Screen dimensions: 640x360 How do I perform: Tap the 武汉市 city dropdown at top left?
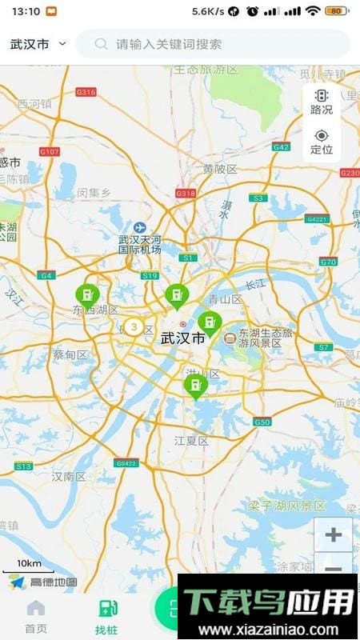click(38, 44)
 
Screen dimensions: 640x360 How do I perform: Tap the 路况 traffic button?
click(322, 102)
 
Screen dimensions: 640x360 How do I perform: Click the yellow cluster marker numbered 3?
click(133, 326)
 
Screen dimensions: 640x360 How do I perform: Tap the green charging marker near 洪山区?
click(194, 386)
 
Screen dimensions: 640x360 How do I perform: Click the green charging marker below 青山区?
click(209, 323)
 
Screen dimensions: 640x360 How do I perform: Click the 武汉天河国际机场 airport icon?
click(141, 227)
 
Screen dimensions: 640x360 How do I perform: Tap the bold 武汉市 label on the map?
click(183, 338)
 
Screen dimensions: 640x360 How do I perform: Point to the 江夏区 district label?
click(191, 441)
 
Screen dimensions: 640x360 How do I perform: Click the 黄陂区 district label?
click(220, 169)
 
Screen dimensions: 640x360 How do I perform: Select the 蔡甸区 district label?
click(70, 354)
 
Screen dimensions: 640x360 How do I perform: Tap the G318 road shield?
click(186, 194)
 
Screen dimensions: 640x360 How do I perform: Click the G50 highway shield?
click(262, 422)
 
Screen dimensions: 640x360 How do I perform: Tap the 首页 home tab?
click(36, 616)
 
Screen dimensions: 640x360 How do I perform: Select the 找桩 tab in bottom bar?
click(106, 616)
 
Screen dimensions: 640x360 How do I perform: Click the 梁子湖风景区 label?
click(286, 506)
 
